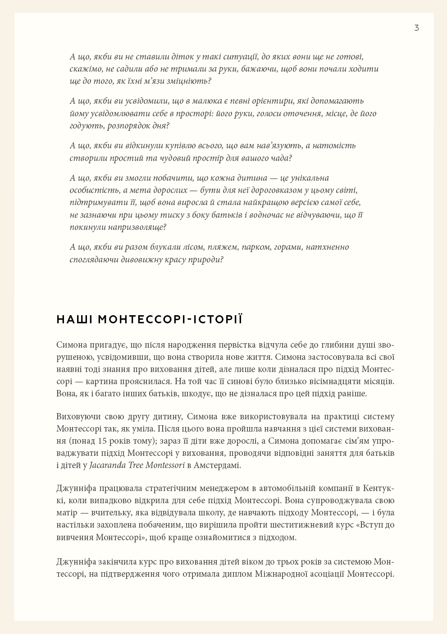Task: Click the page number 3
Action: [416, 28]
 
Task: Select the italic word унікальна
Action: [308, 178]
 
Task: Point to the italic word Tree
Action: [136, 465]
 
